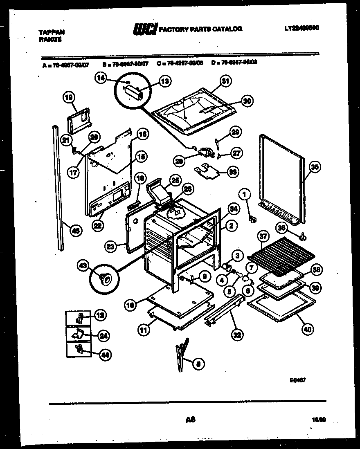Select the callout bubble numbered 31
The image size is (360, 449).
pos(225,81)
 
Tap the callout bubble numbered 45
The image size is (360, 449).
pos(75,231)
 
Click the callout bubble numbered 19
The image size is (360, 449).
pos(69,97)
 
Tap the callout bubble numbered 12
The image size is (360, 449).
pos(100,315)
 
